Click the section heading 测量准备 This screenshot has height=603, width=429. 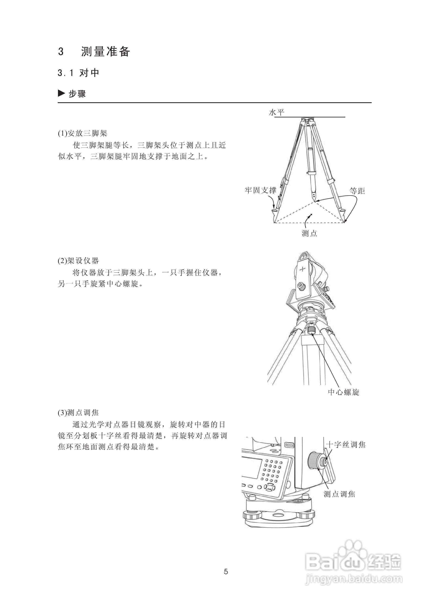pyautogui.click(x=105, y=52)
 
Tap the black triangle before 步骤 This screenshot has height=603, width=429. pyautogui.click(x=61, y=93)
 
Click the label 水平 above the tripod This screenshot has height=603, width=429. pyautogui.click(x=276, y=113)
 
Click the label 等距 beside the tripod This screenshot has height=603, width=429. pyautogui.click(x=357, y=191)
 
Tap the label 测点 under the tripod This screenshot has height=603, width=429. pyautogui.click(x=309, y=233)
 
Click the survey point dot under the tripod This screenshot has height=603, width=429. pyautogui.click(x=312, y=214)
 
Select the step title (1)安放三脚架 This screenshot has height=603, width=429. pyautogui.click(x=82, y=133)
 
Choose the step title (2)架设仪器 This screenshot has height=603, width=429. pyautogui.click(x=78, y=261)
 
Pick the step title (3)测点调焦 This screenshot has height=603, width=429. pyautogui.click(x=78, y=413)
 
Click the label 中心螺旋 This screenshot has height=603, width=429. pyautogui.click(x=343, y=392)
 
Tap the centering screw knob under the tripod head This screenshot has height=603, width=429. pyautogui.click(x=312, y=330)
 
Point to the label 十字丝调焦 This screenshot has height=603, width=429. pyautogui.click(x=345, y=445)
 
